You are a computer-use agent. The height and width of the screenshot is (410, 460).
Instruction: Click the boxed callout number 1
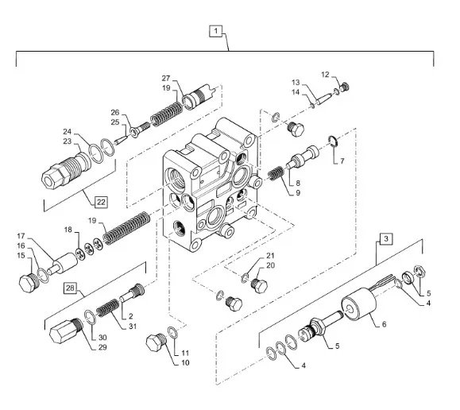pyautogui.click(x=216, y=31)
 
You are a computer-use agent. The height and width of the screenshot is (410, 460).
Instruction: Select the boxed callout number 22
pyautogui.click(x=101, y=202)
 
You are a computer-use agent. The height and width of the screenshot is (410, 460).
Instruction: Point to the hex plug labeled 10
pyautogui.click(x=157, y=342)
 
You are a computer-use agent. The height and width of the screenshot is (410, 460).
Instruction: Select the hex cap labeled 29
pyautogui.click(x=65, y=331)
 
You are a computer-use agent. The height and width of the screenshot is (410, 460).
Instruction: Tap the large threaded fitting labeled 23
pyautogui.click(x=66, y=171)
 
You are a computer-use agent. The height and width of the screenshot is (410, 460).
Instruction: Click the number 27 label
pyautogui.click(x=166, y=79)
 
